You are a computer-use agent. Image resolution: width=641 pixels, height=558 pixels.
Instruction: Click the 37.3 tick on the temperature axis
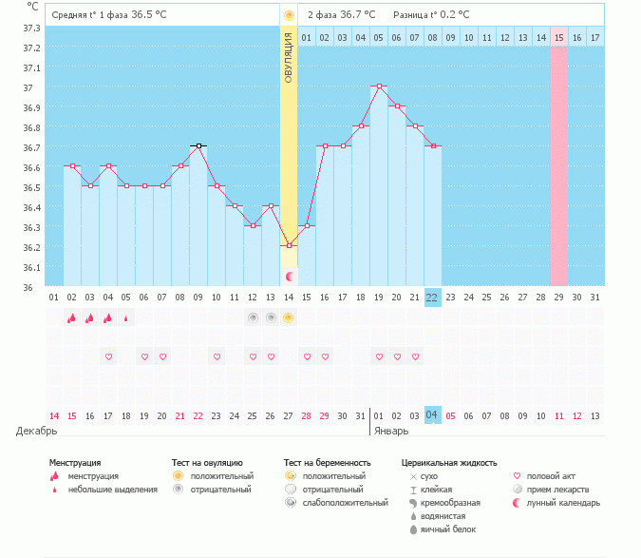(30, 28)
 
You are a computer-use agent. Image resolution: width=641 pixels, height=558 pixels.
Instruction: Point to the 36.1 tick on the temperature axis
(30, 267)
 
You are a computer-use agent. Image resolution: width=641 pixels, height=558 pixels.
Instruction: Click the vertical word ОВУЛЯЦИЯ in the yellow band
(289, 57)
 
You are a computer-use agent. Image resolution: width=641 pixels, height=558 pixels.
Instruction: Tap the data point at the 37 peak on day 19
(379, 87)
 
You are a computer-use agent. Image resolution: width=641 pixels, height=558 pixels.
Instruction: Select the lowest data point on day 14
(289, 245)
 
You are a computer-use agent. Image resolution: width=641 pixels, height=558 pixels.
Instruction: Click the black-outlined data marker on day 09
(198, 146)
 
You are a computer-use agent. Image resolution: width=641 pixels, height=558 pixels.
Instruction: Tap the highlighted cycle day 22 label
(432, 297)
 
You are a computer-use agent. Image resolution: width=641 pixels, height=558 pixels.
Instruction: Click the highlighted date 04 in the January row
(432, 414)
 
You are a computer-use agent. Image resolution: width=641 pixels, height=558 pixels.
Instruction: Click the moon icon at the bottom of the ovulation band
(290, 276)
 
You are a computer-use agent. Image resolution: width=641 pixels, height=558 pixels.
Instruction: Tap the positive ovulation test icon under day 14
(289, 317)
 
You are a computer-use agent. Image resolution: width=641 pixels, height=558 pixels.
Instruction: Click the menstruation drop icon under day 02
(72, 317)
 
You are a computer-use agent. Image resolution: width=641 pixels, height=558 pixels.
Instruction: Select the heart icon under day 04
(108, 356)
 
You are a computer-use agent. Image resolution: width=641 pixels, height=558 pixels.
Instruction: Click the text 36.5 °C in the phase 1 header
(148, 15)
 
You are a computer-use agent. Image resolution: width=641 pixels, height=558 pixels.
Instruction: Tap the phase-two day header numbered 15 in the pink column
(558, 37)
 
